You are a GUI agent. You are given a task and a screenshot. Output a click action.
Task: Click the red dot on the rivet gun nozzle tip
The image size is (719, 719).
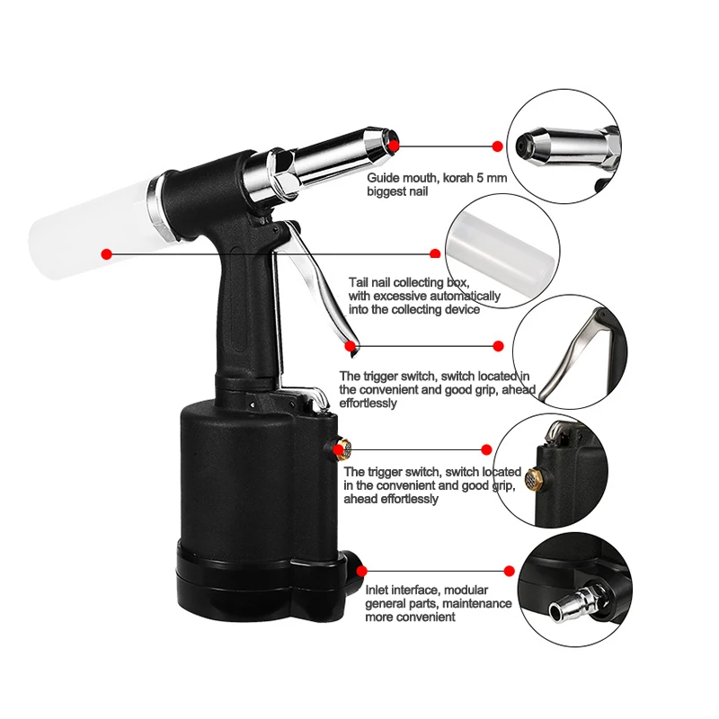coord(394,146)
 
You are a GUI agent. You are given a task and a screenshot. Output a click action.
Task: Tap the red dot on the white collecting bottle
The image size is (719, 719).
coord(106,253)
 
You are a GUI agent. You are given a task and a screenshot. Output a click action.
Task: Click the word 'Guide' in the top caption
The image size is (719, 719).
coord(384,178)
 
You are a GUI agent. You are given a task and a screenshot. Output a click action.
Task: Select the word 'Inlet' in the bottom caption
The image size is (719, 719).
coord(377,590)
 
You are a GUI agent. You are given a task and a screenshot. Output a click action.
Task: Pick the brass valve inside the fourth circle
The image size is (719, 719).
coord(531,478)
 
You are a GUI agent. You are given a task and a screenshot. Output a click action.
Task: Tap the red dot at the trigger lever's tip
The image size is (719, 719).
coord(351,346)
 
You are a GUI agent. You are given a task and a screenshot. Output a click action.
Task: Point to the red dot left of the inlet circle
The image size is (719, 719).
coord(509,571)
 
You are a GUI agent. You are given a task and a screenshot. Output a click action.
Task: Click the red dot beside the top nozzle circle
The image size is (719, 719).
coord(497,146)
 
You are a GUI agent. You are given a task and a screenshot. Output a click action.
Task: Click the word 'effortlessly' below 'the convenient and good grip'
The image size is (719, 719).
coord(368,404)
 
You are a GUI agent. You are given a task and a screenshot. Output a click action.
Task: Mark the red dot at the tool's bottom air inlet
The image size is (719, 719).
coord(362,571)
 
